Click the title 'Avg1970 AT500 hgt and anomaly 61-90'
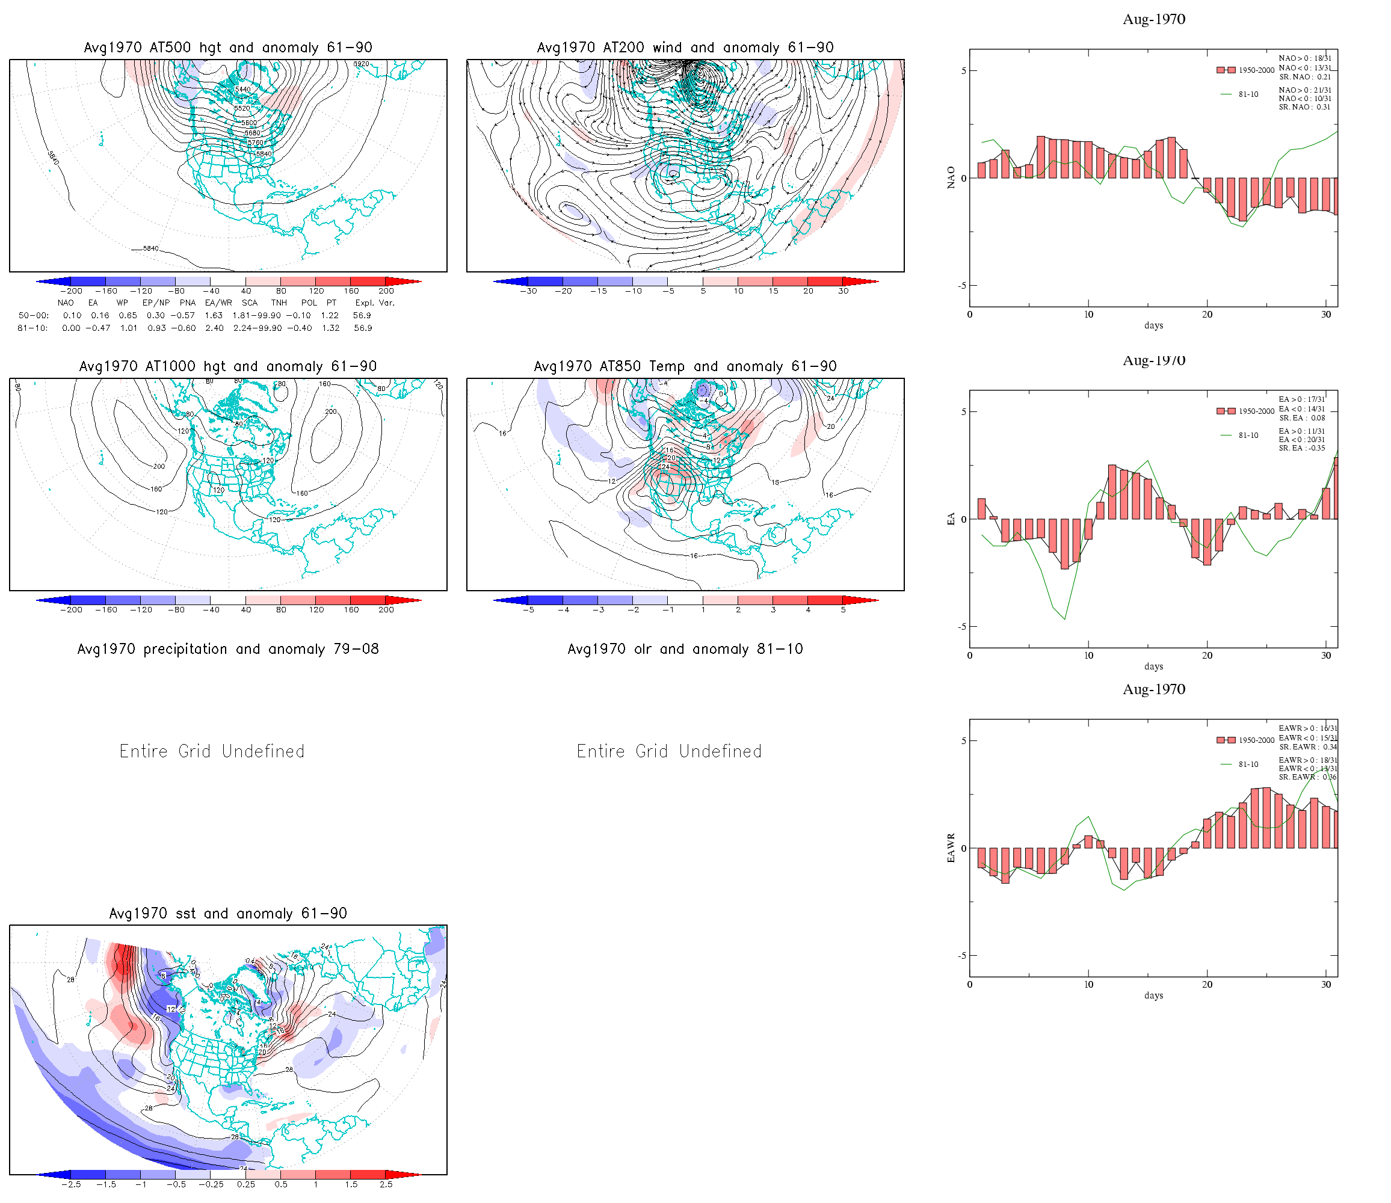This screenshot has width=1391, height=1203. pos(227,48)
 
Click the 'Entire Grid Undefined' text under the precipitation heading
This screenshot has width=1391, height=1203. pos(212,751)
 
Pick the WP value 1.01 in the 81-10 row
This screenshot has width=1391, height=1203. pos(128,328)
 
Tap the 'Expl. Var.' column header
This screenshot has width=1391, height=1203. pos(375,303)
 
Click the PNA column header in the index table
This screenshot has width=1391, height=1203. pos(187,303)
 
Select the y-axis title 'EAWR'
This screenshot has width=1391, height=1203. pos(951,848)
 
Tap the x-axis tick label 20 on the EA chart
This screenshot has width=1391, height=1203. pos(1207,655)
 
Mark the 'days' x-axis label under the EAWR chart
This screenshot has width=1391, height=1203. pos(1153,995)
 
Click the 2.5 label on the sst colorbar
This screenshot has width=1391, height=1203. pos(386,1184)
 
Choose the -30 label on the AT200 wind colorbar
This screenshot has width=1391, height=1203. pos(529,291)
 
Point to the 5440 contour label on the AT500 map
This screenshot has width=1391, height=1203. pos(242,89)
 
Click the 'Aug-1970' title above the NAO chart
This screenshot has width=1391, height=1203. pos(1153,19)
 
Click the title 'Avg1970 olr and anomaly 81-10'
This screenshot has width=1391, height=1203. pos(685,649)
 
